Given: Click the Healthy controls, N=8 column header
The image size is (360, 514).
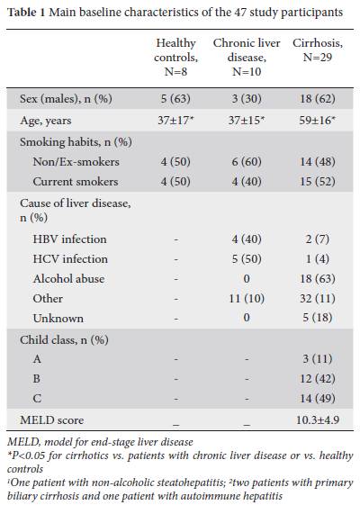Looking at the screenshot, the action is (x=176, y=57).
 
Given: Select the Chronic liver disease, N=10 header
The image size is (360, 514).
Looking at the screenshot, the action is (x=247, y=57).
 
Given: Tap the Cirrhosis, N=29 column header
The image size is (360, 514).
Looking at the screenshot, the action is (x=318, y=50).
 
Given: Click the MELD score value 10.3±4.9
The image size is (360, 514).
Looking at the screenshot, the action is (x=318, y=419).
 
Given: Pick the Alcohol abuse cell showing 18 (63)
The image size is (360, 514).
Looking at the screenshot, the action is (x=318, y=279).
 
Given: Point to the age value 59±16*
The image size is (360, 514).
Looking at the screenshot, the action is (x=318, y=121).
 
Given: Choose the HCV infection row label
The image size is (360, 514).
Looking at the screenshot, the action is (x=70, y=259).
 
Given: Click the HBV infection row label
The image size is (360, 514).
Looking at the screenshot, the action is (x=70, y=239).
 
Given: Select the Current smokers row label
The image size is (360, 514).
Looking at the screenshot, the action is (x=76, y=182).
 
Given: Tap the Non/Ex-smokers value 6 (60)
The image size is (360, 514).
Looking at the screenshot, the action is (x=247, y=162).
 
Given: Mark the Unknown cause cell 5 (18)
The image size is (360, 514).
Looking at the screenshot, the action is (x=318, y=318).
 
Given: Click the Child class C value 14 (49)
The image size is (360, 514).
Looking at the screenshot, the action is (x=318, y=398).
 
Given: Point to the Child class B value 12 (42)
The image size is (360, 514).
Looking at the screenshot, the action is (x=318, y=379).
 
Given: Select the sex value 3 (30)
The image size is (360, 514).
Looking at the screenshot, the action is (x=247, y=99).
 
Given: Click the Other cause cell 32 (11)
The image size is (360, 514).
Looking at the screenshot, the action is (x=318, y=298).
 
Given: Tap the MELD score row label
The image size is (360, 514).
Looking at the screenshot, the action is (x=52, y=419).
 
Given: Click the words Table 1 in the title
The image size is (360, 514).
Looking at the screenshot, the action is (x=27, y=13).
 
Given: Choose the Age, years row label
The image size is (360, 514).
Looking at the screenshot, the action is (x=46, y=121).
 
